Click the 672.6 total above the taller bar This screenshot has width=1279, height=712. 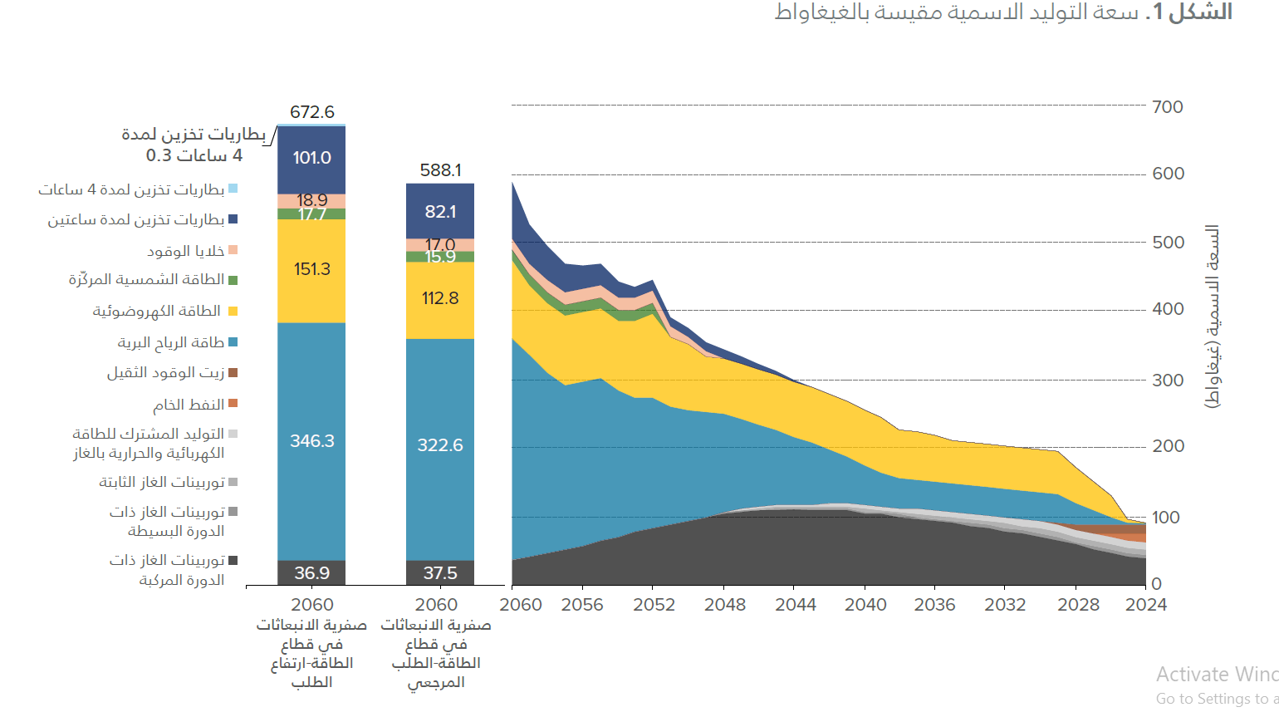click(x=311, y=112)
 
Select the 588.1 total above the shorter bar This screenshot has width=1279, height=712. click(x=440, y=170)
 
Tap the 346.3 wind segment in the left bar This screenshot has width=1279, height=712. click(x=311, y=441)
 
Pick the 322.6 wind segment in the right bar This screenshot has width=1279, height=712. click(x=440, y=445)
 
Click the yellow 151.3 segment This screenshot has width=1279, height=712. click(x=311, y=269)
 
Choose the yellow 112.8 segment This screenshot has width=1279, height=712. click(x=440, y=298)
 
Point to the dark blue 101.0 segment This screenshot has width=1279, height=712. click(x=311, y=158)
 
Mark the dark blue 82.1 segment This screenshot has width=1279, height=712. click(x=440, y=212)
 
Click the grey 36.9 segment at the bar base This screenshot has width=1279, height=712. click(x=311, y=573)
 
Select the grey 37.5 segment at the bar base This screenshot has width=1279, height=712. click(x=440, y=573)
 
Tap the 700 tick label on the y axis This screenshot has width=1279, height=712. click(x=1168, y=107)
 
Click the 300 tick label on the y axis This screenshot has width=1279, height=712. click(x=1168, y=381)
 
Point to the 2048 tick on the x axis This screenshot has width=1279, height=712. click(x=725, y=605)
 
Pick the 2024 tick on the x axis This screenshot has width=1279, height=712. click(x=1145, y=605)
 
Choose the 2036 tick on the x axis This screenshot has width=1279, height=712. click(x=934, y=605)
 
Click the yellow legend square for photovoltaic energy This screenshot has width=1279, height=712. click(x=233, y=312)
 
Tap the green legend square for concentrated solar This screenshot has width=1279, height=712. click(x=233, y=281)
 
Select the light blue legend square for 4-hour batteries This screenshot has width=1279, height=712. click(x=233, y=189)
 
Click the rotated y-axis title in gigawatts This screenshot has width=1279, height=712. click(x=1213, y=316)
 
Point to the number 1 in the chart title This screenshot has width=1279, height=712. click(x=1159, y=12)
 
